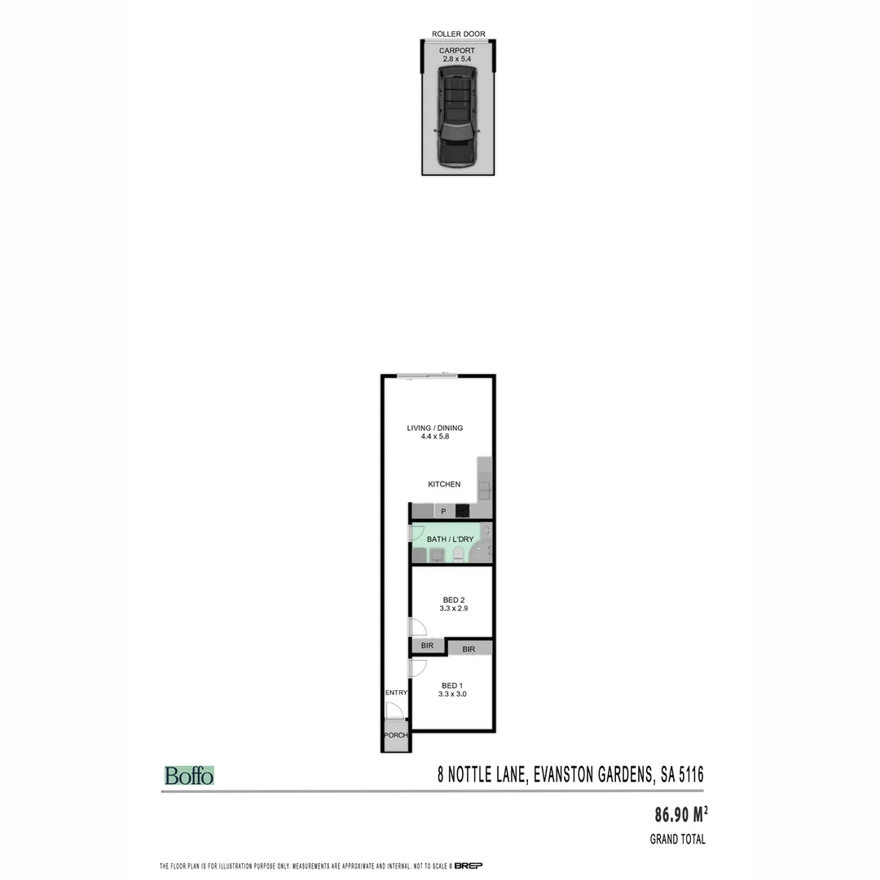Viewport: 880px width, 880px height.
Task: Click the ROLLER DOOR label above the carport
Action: pyautogui.click(x=458, y=34)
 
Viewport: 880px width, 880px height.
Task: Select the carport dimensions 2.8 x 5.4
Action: pyautogui.click(x=457, y=59)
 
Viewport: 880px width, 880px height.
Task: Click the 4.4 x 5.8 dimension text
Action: pyautogui.click(x=429, y=438)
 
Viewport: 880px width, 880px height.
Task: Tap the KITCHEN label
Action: pyautogui.click(x=444, y=484)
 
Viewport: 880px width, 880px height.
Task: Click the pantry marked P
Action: pyautogui.click(x=443, y=511)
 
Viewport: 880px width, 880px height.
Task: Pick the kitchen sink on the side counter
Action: pyautogui.click(x=484, y=488)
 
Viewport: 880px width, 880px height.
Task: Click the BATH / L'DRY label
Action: pyautogui.click(x=449, y=539)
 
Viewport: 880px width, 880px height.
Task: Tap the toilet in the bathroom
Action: pyautogui.click(x=458, y=556)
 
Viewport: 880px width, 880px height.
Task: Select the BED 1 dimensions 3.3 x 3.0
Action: pyautogui.click(x=452, y=694)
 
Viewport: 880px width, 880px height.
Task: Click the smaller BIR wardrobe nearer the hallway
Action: pyautogui.click(x=427, y=645)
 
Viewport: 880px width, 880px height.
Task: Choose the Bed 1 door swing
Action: pyautogui.click(x=418, y=668)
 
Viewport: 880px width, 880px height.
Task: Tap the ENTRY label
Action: pyautogui.click(x=396, y=693)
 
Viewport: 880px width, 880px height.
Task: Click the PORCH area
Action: pyautogui.click(x=396, y=735)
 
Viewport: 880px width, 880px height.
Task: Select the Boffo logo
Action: pyautogui.click(x=189, y=776)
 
